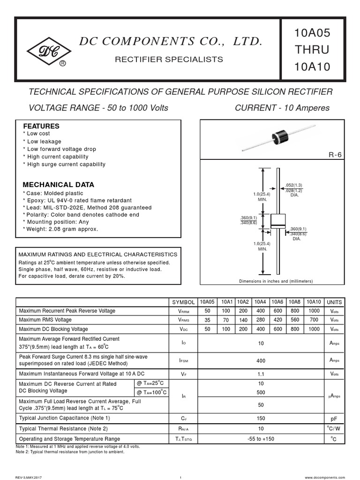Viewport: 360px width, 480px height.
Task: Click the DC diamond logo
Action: (45, 50)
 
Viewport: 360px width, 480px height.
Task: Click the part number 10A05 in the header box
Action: (312, 33)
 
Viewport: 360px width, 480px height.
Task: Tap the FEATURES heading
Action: (41, 126)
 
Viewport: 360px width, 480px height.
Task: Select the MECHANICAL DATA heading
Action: (59, 185)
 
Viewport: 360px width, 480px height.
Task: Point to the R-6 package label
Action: (335, 155)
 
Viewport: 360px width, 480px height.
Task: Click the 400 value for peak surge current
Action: (261, 360)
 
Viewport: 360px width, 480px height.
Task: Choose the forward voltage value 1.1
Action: (261, 374)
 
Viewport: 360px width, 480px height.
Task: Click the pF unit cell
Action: (334, 418)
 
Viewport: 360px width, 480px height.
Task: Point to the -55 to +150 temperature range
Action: (261, 439)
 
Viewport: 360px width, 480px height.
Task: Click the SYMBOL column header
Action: (183, 302)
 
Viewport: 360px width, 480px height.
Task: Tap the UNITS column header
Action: (334, 302)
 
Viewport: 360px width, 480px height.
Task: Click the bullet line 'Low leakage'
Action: (43, 142)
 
